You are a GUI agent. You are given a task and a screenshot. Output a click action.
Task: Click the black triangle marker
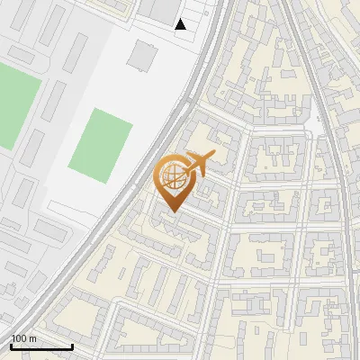[x=180, y=24]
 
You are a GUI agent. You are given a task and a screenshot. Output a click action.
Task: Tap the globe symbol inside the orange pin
[x=172, y=175]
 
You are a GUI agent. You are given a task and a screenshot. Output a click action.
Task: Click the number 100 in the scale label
[x=18, y=337]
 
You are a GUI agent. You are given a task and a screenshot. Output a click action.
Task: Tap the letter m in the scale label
[x=32, y=337]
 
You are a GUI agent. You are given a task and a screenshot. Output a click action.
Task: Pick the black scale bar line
[x=41, y=346]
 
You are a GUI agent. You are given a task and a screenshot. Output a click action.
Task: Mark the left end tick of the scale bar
[x=11, y=346]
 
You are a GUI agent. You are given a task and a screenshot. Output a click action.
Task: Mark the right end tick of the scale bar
[x=72, y=346]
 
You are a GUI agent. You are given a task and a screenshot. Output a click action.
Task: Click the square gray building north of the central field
[x=141, y=55]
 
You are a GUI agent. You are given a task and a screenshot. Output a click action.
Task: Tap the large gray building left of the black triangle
[x=163, y=9]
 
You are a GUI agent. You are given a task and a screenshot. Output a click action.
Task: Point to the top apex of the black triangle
[x=180, y=19]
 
